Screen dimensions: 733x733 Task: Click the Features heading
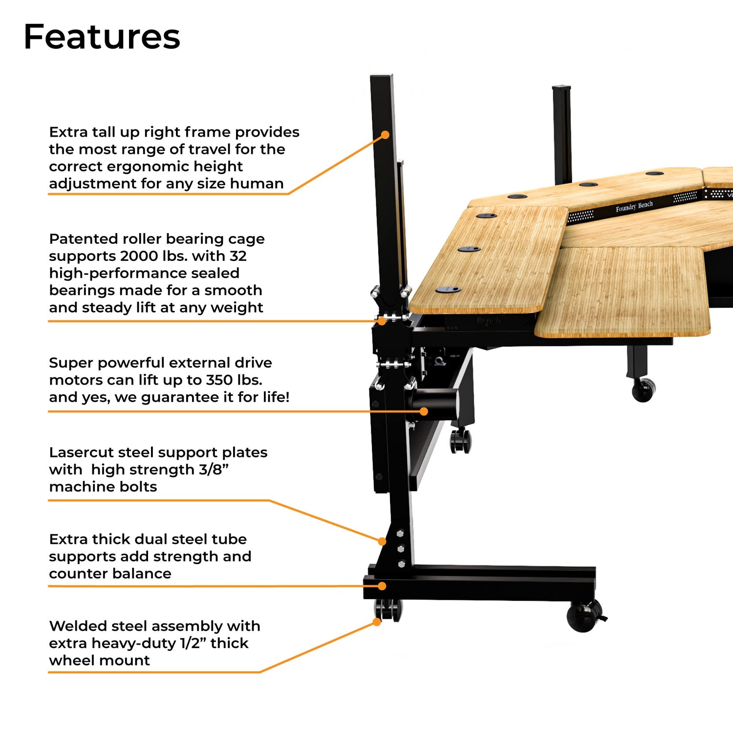pos(102,37)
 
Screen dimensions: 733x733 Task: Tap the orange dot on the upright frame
pos(385,135)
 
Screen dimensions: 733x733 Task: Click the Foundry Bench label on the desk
pos(634,207)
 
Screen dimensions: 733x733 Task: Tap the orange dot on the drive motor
pos(424,411)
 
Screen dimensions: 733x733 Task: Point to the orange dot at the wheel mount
pos(377,622)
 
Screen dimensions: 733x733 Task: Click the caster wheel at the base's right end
pos(584,616)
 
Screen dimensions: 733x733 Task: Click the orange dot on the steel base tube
pos(382,586)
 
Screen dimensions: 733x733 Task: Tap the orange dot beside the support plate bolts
pos(382,541)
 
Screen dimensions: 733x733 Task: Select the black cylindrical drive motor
pos(435,403)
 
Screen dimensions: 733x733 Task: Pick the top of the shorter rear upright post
pos(562,88)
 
